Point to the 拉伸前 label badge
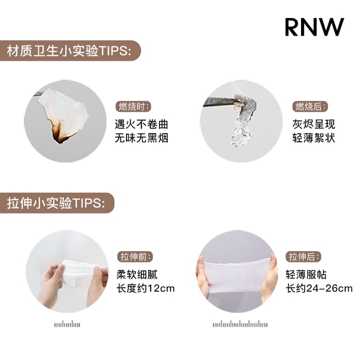[x=136, y=257]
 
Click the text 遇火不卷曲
[x=141, y=125]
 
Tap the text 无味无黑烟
[x=141, y=138]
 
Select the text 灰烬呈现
[x=314, y=125]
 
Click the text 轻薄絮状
[x=314, y=138]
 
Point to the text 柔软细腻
[x=136, y=275]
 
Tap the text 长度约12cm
[x=145, y=288]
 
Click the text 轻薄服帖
[x=306, y=275]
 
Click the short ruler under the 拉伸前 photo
[x=67, y=325]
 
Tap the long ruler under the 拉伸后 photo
[x=240, y=325]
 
